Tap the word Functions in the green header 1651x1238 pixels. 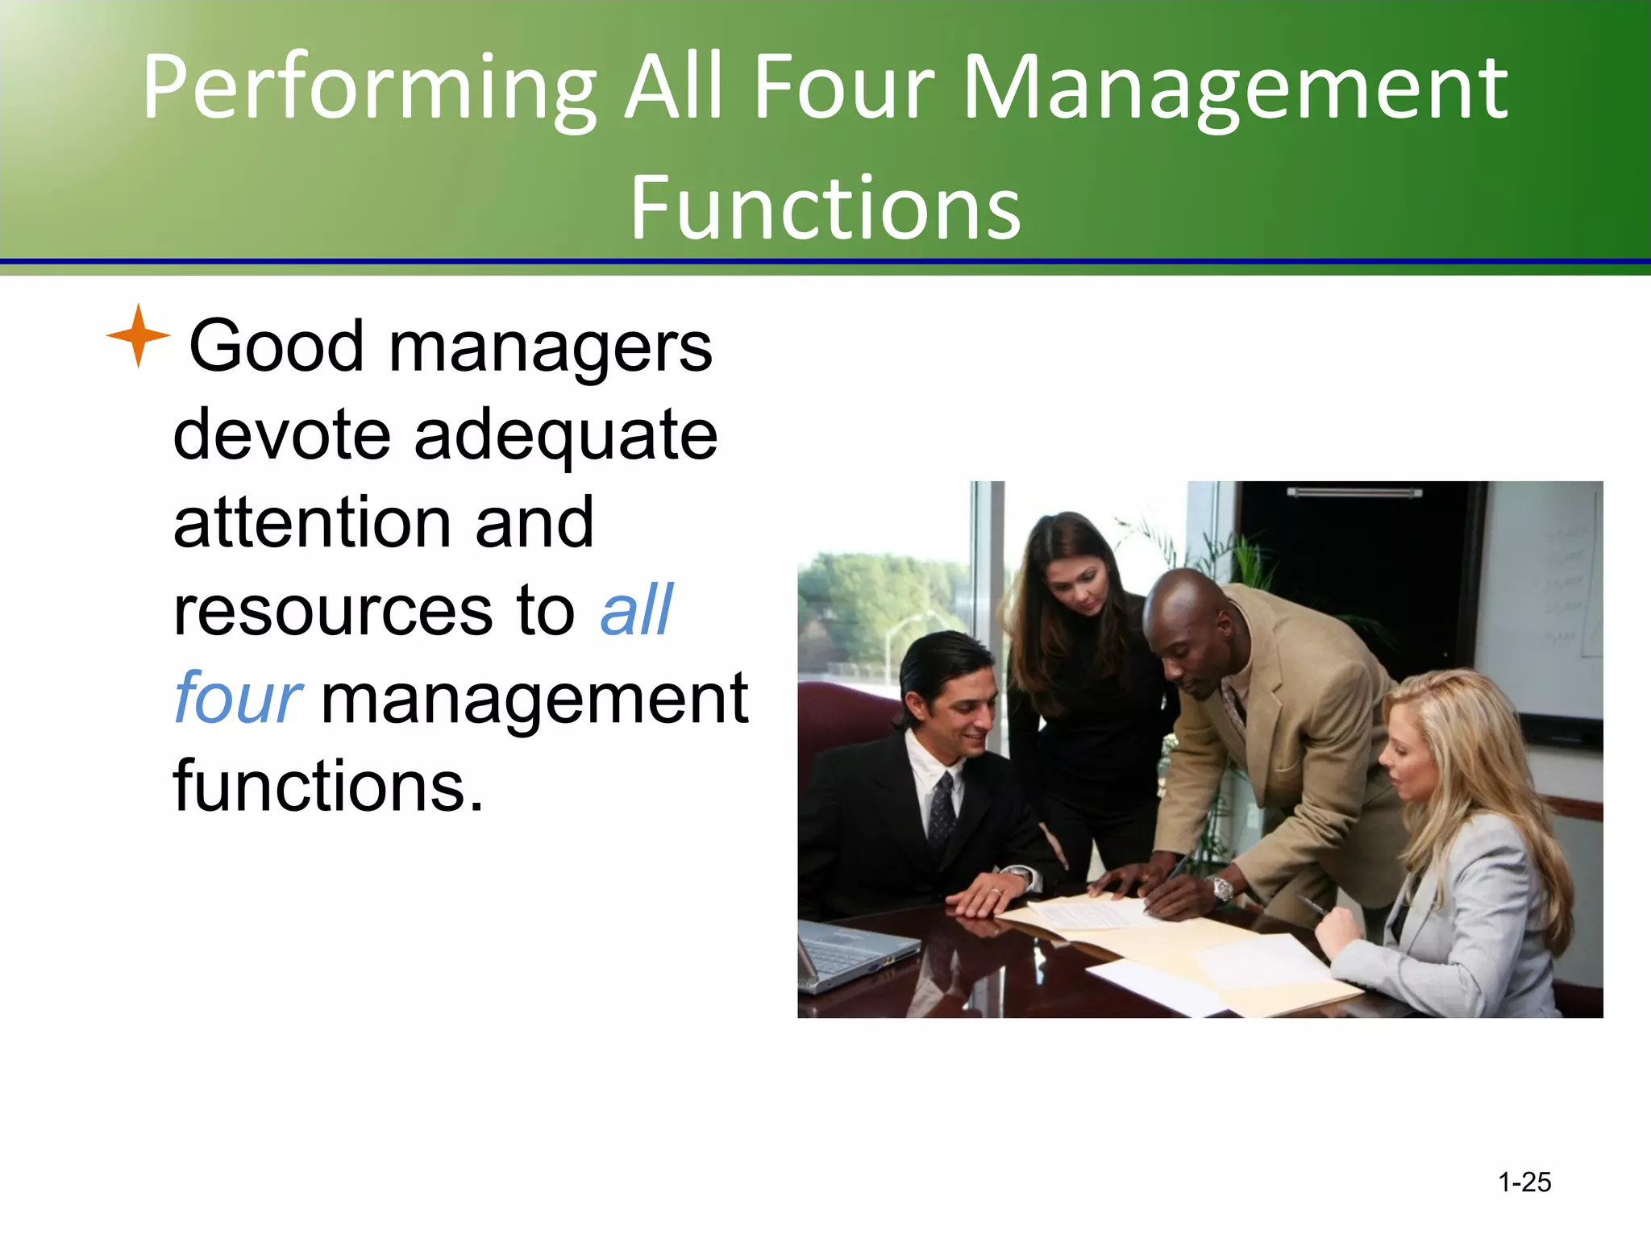[825, 208]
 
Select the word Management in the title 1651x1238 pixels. [1234, 87]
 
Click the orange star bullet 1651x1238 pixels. [138, 336]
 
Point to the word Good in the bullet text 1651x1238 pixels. [277, 347]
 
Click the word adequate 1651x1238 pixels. [565, 435]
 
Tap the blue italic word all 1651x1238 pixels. [636, 610]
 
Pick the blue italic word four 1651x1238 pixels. [238, 698]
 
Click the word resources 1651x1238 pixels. [333, 610]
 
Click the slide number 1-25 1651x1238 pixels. [1524, 1182]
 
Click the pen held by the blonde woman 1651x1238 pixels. [1312, 904]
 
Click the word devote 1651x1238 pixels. [281, 435]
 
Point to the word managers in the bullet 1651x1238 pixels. [551, 347]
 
